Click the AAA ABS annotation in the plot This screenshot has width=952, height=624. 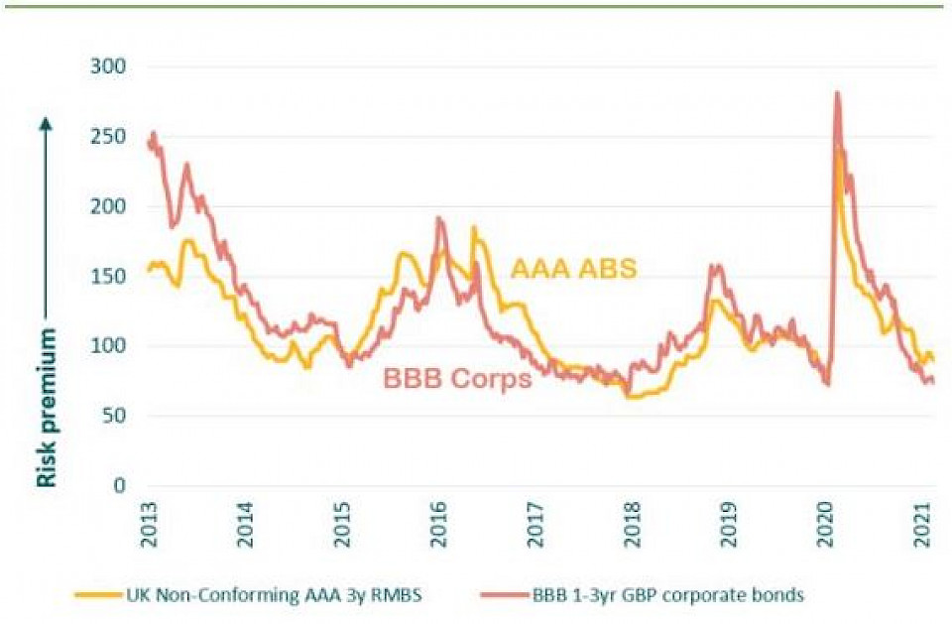click(x=573, y=268)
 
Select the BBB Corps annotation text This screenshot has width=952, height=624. click(x=457, y=379)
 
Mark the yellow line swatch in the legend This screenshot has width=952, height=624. click(x=99, y=595)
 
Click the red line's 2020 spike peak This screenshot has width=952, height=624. click(x=838, y=93)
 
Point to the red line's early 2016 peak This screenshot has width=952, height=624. click(x=440, y=218)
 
